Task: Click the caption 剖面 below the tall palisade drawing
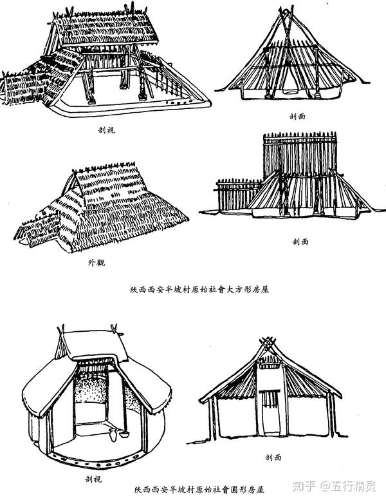tap(300, 242)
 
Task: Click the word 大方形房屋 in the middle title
tap(242, 289)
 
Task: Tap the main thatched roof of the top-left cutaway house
tap(103, 26)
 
